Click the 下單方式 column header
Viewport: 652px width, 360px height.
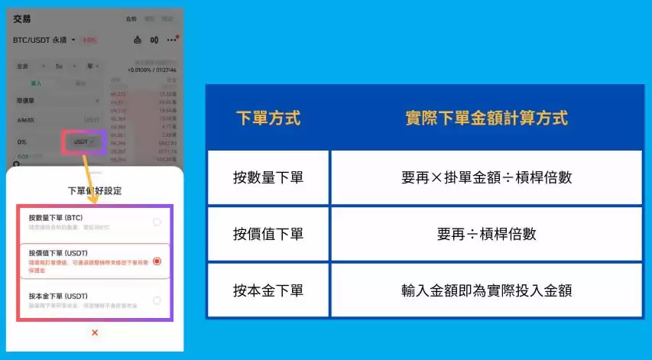268,118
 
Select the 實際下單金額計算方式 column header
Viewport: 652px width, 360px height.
486,118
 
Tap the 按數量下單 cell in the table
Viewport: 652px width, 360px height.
268,177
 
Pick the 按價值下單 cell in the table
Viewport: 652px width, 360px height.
268,234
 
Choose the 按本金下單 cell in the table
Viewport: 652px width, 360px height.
268,290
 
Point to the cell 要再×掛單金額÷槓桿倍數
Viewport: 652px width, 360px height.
486,177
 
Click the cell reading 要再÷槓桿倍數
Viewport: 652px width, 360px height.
486,234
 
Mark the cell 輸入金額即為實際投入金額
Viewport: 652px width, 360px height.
486,290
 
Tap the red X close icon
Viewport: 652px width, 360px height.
95,332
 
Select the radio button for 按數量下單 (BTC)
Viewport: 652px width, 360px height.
157,222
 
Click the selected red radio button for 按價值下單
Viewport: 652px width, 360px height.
157,261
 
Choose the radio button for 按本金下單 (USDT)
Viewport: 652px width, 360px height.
157,300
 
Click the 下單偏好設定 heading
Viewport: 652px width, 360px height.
95,190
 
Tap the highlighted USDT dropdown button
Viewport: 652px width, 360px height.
83,142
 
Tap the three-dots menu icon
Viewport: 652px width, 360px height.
172,40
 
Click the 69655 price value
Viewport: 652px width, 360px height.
26,121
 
